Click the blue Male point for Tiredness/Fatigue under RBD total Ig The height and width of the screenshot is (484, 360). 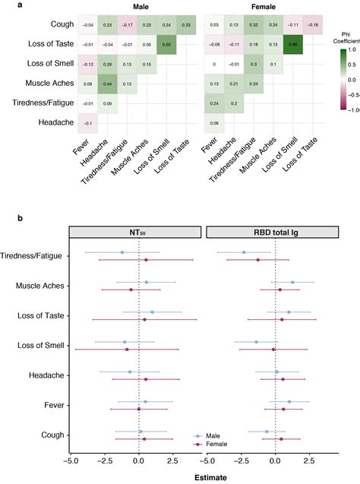(x=244, y=252)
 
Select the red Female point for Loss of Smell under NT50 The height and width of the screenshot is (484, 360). (x=127, y=350)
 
